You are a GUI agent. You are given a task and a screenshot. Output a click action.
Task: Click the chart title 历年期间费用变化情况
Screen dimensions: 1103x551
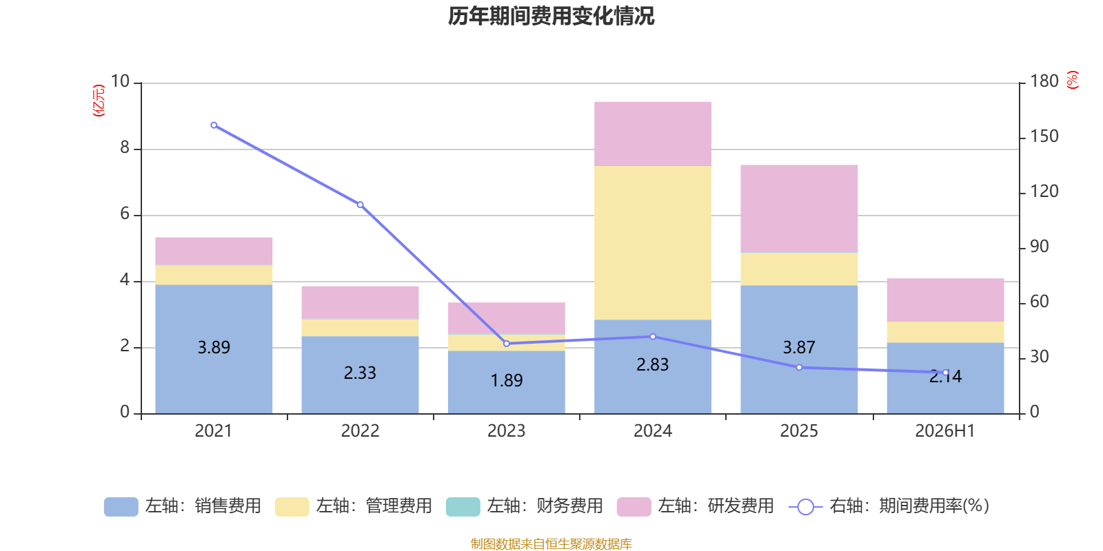(551, 17)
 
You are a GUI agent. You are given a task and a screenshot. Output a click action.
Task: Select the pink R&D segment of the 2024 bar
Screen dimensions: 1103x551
(652, 134)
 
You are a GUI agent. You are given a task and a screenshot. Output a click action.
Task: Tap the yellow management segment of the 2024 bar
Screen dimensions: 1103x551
(652, 243)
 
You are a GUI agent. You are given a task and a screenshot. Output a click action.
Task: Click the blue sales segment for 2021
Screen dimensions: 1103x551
(214, 349)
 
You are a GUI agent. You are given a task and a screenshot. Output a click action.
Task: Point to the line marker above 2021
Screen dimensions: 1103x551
(214, 125)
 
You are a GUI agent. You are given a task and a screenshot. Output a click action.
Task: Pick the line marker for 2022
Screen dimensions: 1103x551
(360, 205)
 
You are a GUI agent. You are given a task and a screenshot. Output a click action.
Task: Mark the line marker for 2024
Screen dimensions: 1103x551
(653, 337)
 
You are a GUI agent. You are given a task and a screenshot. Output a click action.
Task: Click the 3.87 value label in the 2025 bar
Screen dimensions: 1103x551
(799, 348)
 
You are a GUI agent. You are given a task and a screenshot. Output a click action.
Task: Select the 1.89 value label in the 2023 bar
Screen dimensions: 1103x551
(507, 381)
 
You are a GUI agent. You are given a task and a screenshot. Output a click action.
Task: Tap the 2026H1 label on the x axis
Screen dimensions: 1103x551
(945, 431)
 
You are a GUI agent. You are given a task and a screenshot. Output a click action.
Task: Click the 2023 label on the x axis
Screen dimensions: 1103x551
(506, 431)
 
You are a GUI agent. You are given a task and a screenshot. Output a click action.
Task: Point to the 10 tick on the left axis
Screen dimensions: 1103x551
(120, 81)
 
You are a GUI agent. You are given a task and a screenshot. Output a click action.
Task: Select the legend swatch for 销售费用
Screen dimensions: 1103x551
(121, 507)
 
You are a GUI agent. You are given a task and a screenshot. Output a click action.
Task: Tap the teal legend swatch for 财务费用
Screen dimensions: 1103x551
(463, 507)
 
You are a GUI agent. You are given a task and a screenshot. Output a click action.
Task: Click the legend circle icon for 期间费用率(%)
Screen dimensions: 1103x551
(806, 507)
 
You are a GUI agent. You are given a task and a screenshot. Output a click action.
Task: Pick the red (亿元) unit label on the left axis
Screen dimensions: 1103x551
(99, 101)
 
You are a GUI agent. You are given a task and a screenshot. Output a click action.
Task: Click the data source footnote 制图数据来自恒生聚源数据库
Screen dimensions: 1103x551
(551, 543)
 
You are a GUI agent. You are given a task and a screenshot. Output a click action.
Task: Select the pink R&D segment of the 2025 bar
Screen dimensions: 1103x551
(799, 209)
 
